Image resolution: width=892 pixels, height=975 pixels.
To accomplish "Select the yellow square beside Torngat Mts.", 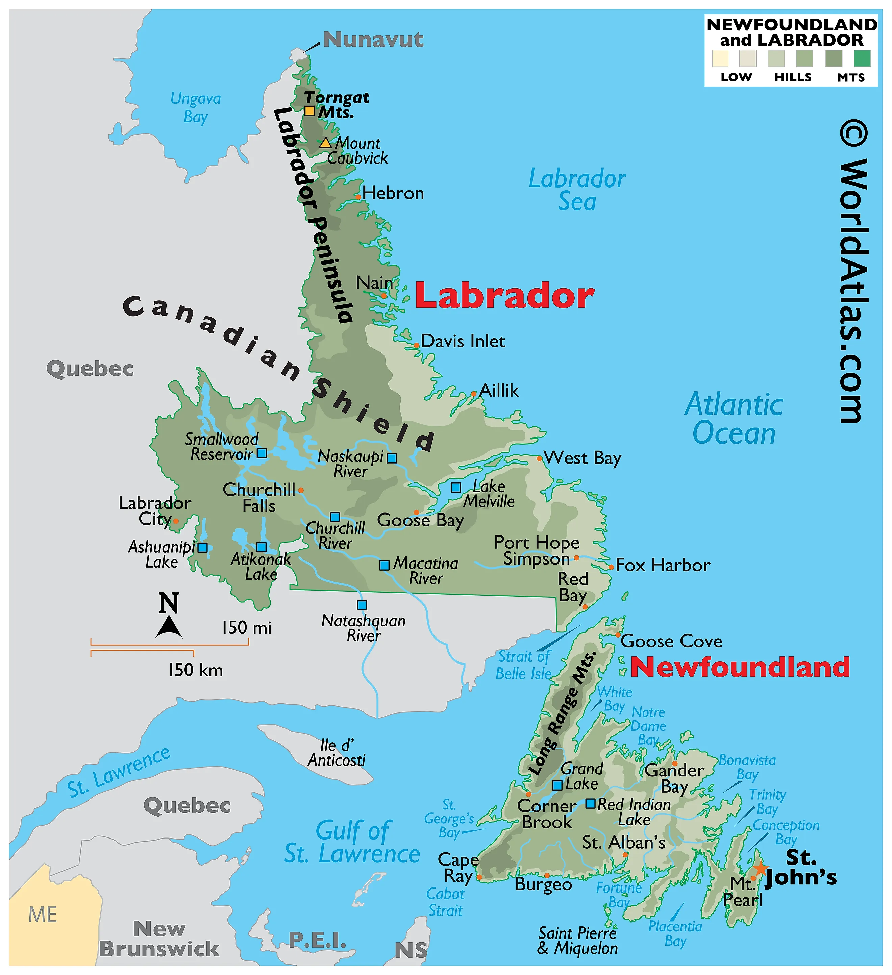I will tap(309, 111).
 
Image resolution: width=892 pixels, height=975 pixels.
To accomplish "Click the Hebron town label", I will tap(393, 194).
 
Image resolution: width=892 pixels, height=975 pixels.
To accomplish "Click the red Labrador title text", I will tap(504, 296).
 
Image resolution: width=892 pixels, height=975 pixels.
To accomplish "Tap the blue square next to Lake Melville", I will tap(456, 487).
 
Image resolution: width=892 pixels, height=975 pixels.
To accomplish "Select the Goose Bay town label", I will tap(420, 520).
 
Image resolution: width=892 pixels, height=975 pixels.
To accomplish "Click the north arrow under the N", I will tap(169, 627).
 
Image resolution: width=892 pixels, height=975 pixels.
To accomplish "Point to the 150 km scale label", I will tap(195, 670).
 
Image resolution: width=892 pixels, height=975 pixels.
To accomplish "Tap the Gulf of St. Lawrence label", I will tap(352, 843).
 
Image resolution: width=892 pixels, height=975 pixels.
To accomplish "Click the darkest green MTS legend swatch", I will tap(862, 58).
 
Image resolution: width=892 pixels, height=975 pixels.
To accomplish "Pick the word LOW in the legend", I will tap(736, 77).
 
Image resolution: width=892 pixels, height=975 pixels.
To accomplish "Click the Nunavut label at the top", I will tap(373, 40).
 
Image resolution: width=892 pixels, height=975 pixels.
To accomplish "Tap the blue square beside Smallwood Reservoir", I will tap(262, 453).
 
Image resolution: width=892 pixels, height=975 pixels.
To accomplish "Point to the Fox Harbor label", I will tap(662, 565).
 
